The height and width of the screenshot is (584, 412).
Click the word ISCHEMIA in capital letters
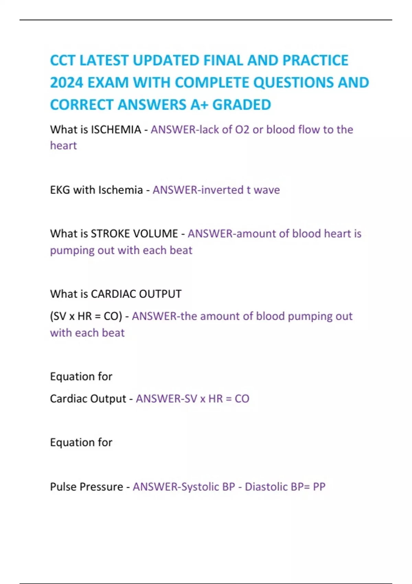pyautogui.click(x=116, y=130)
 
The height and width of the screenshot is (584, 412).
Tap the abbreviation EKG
pyautogui.click(x=60, y=190)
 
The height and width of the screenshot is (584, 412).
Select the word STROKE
pyautogui.click(x=110, y=234)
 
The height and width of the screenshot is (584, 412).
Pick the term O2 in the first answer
pyautogui.click(x=242, y=130)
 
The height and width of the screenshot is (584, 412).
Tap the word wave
pyautogui.click(x=267, y=190)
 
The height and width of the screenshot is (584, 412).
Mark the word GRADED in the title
pyautogui.click(x=242, y=105)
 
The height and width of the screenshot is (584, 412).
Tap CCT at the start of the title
pyautogui.click(x=63, y=60)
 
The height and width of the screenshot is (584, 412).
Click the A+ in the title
pyautogui.click(x=199, y=105)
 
